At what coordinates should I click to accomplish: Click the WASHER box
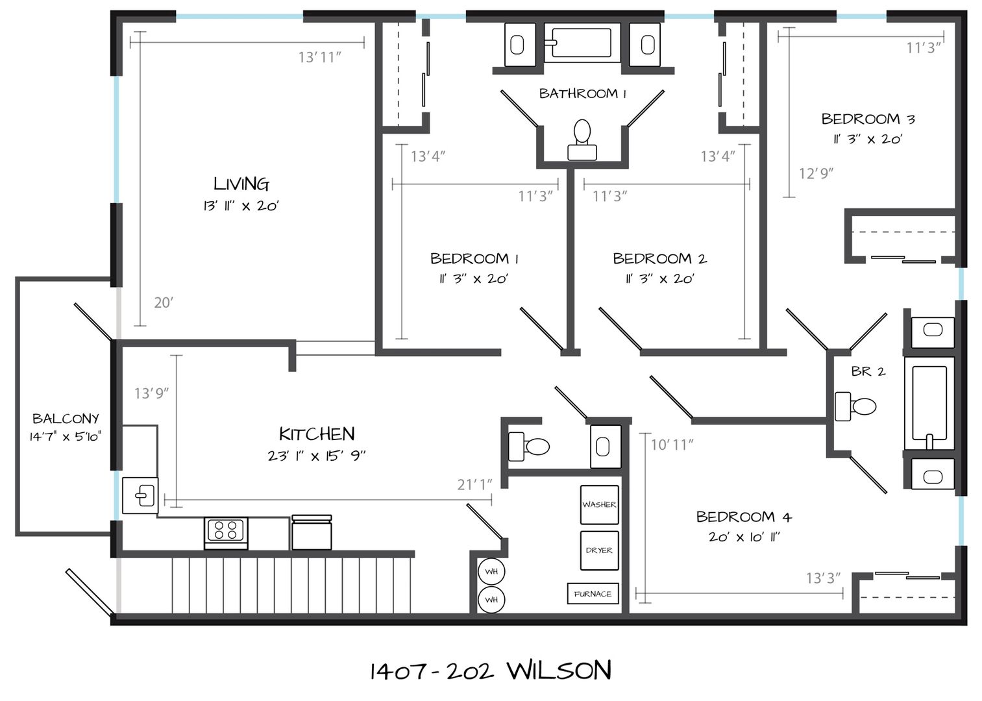[x=599, y=504]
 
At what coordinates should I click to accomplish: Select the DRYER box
[x=599, y=550]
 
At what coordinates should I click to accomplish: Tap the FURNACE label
[x=593, y=594]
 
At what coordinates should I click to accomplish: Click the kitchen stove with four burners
[x=226, y=533]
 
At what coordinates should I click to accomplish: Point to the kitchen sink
[x=140, y=495]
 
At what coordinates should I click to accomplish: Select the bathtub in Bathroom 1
[x=582, y=43]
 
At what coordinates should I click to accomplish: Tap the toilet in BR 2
[x=855, y=406]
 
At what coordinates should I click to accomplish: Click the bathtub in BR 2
[x=929, y=403]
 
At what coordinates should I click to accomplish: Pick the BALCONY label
[x=66, y=419]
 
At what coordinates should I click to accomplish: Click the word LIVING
[x=241, y=184]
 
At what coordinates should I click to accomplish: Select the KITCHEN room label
[x=317, y=434]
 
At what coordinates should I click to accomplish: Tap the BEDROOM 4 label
[x=744, y=517]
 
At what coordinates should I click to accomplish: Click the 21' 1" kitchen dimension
[x=474, y=484]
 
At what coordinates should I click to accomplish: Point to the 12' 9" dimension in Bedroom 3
[x=816, y=173]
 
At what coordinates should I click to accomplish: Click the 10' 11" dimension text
[x=672, y=445]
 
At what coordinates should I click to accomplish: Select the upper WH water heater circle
[x=491, y=572]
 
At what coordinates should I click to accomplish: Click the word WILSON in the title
[x=559, y=670]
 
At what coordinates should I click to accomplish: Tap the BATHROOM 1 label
[x=583, y=93]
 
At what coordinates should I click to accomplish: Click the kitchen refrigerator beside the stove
[x=312, y=532]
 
